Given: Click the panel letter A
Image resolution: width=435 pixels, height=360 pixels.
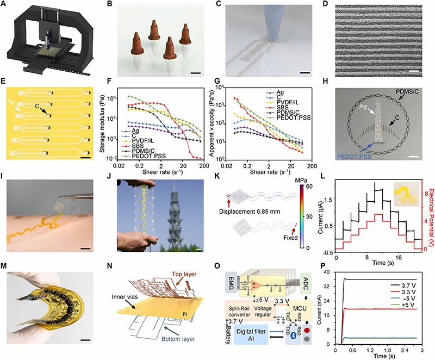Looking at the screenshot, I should pos(5,7).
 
